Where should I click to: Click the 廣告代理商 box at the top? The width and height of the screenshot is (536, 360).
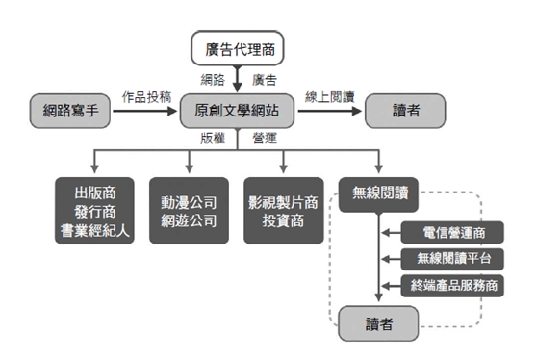click(238, 48)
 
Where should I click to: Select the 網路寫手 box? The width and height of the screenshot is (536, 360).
click(69, 112)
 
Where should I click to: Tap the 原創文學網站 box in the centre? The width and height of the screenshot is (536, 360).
click(238, 112)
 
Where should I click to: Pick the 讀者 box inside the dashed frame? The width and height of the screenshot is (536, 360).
click(377, 321)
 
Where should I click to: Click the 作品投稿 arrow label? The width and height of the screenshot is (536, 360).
click(146, 97)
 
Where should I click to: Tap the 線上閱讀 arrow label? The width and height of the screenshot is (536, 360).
click(330, 97)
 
